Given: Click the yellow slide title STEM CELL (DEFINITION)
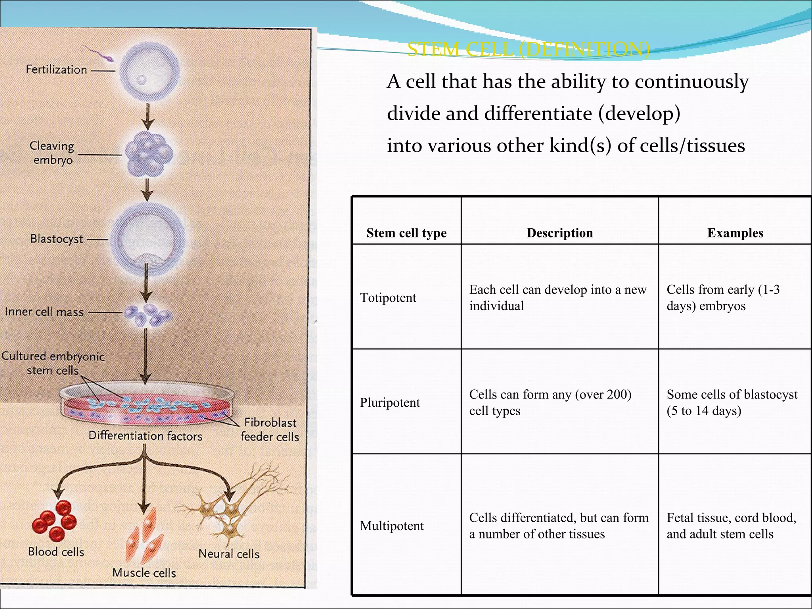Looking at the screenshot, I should pos(528,50).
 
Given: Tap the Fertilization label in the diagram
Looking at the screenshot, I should pos(56,70).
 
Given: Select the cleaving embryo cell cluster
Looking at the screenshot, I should pos(149,154).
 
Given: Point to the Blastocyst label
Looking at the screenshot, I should pos(57,239).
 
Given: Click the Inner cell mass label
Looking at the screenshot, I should pos(44,312).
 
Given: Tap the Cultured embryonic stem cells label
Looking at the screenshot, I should pos(53,363).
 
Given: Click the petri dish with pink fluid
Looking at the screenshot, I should pos(147,404).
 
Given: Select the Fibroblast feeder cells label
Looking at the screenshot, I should pos(270,430).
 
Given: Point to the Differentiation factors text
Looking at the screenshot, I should pos(145,436).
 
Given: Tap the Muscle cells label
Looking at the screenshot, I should pos(144,573).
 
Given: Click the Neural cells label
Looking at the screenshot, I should pos(229,554).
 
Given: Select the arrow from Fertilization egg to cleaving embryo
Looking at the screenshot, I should pos(148,117).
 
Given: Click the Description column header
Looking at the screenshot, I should pos(559,233).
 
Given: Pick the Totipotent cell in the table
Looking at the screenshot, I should pos(388,298).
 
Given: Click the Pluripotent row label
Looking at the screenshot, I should pos(390,403).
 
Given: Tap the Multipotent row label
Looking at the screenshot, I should pos(392,526).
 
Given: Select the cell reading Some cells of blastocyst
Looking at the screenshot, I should pos(732,402).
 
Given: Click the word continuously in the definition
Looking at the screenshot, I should pos(691,82).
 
